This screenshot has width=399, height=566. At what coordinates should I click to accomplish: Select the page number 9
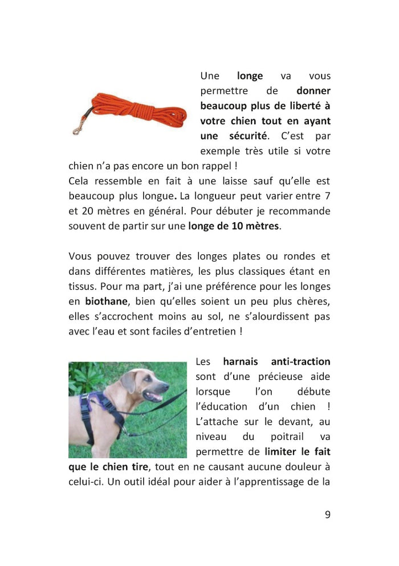point(327,514)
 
